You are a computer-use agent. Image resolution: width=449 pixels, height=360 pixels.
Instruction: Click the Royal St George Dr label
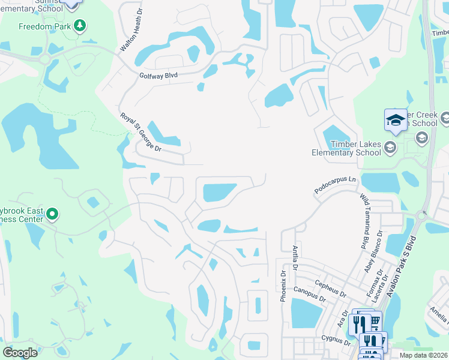140,132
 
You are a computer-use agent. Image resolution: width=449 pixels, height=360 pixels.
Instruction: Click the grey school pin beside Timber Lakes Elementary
390,147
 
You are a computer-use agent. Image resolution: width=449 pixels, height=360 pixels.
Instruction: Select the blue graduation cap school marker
396,119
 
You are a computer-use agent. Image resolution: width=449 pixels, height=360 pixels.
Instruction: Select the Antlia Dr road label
295,257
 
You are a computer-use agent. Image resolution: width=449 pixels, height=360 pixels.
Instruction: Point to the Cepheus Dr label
331,288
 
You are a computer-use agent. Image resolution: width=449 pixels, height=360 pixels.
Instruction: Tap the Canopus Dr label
310,294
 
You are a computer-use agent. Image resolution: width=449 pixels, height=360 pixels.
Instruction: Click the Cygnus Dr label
336,340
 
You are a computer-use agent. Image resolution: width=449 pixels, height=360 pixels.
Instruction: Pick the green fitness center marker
52,214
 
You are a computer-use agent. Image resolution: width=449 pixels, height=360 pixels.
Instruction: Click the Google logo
20,353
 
